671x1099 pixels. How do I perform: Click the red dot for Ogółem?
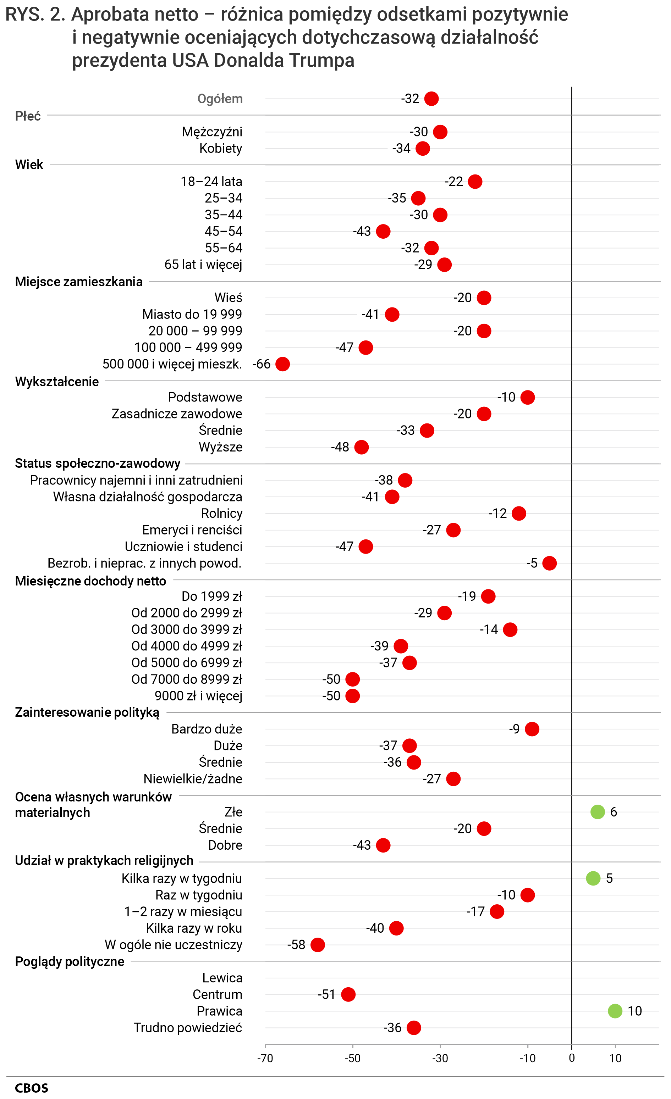tap(431, 99)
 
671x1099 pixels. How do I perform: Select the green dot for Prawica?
tap(615, 1011)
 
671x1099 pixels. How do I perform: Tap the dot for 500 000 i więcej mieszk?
tap(282, 364)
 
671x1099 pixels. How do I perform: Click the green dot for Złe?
tap(598, 812)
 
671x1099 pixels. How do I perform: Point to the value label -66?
tap(262, 364)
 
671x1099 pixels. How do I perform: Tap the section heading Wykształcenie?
tap(57, 382)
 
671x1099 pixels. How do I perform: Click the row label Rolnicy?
tap(222, 514)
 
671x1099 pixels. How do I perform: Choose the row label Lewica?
tap(222, 978)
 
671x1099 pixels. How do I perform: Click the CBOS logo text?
tap(31, 1088)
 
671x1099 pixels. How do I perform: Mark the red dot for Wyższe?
tap(361, 447)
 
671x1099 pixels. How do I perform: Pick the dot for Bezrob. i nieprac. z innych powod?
tap(549, 563)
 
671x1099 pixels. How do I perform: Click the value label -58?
tap(296, 945)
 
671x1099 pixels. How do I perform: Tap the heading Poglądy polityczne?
tap(70, 962)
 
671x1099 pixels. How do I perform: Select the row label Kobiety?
tap(220, 149)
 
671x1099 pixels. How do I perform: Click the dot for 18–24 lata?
tap(475, 182)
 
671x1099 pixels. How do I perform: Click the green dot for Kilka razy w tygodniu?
tap(593, 878)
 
